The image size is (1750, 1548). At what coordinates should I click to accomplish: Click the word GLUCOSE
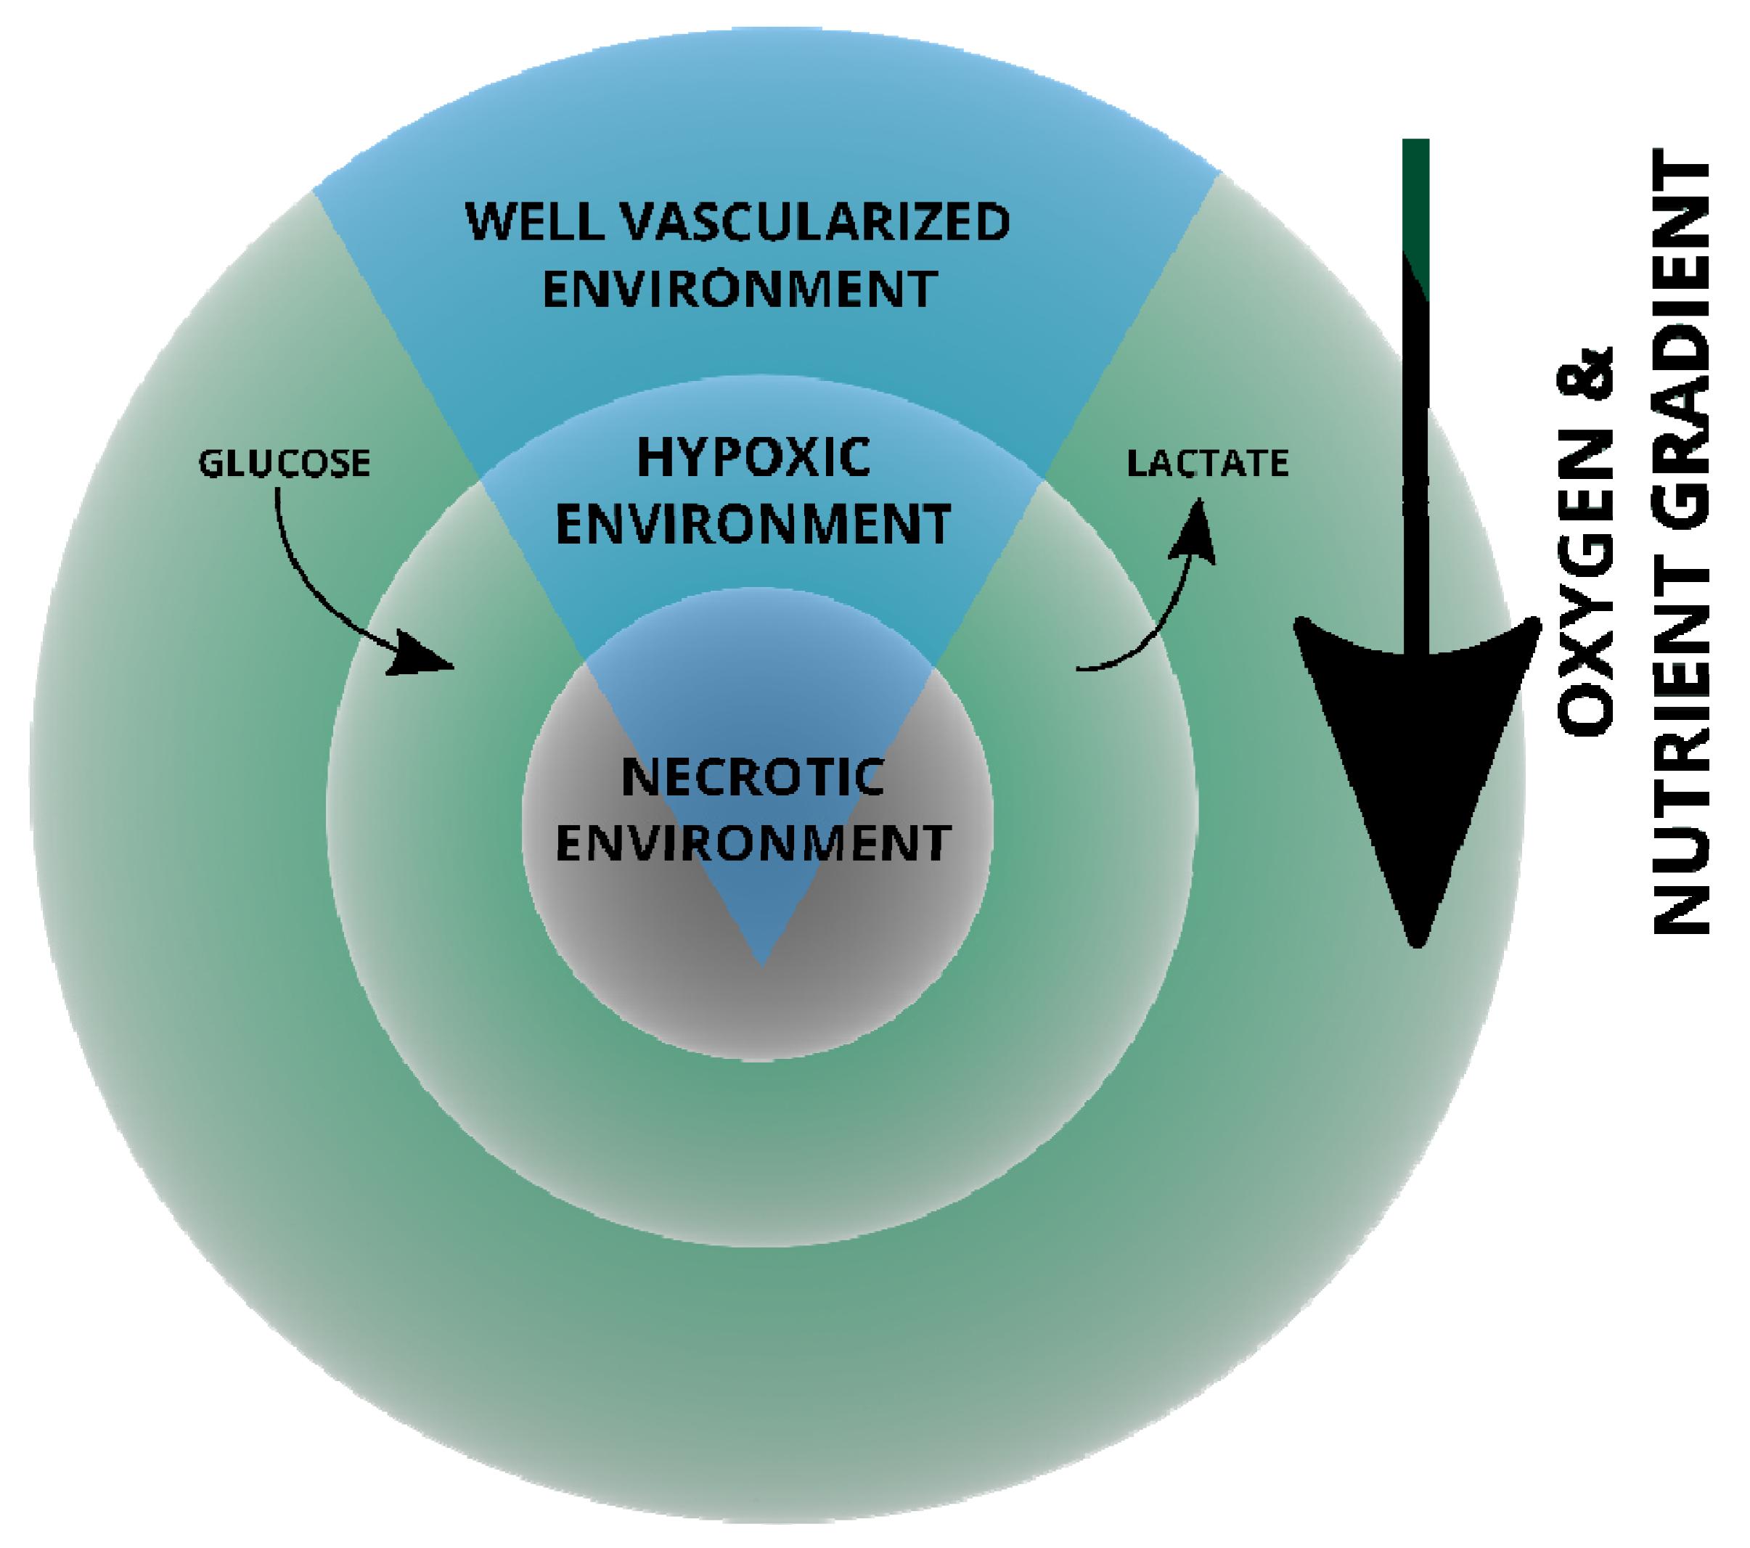coord(285,464)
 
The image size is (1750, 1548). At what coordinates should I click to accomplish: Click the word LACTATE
coord(1207,464)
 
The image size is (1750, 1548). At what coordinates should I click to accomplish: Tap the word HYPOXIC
coord(753,457)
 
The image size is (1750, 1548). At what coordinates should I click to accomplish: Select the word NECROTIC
coord(753,777)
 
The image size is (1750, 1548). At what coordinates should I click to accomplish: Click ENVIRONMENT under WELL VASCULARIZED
coord(740,290)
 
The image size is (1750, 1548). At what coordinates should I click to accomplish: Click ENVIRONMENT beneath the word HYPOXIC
coord(753,524)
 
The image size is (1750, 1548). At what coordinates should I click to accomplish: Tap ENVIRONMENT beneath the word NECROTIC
coord(753,843)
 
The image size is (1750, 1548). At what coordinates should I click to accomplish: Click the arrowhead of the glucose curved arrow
coord(421,661)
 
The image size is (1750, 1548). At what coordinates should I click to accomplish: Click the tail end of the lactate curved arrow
coord(1081,668)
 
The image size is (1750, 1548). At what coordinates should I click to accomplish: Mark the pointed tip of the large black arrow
coord(1417,942)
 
